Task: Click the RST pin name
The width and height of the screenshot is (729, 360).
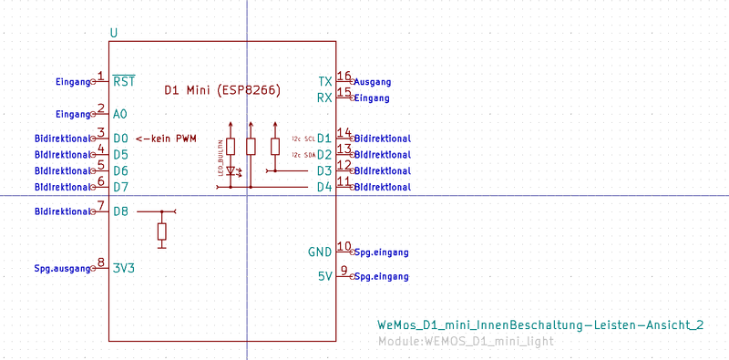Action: pyautogui.click(x=125, y=82)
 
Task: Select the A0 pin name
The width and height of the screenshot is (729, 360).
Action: pyautogui.click(x=120, y=115)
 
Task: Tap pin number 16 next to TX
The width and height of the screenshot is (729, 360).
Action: pyautogui.click(x=344, y=76)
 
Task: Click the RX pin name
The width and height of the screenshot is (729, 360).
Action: pyautogui.click(x=324, y=98)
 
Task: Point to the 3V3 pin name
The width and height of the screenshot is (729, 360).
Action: pyautogui.click(x=124, y=268)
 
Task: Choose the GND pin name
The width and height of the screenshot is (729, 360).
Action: pyautogui.click(x=320, y=252)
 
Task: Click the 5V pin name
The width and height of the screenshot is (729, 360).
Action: pyautogui.click(x=324, y=276)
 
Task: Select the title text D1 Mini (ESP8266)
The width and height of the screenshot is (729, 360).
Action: pyautogui.click(x=221, y=90)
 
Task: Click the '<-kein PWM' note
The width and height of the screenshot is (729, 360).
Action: pyautogui.click(x=166, y=139)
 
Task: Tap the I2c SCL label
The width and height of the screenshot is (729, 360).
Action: pyautogui.click(x=303, y=139)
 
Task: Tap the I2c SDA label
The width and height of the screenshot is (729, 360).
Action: pyautogui.click(x=303, y=155)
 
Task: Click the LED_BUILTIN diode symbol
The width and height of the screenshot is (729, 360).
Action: pyautogui.click(x=231, y=170)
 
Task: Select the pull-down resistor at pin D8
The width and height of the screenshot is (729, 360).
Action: pyautogui.click(x=162, y=231)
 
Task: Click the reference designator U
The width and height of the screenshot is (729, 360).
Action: pyautogui.click(x=113, y=34)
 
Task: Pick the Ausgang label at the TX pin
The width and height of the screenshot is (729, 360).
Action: pyautogui.click(x=372, y=82)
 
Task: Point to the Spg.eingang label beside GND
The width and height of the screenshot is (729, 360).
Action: pyautogui.click(x=381, y=252)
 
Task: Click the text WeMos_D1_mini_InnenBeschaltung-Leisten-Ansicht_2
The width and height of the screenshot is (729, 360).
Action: pyautogui.click(x=540, y=325)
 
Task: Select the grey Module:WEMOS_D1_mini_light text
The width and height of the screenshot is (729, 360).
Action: pyautogui.click(x=465, y=342)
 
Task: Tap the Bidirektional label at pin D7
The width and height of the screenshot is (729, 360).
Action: pyautogui.click(x=63, y=187)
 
